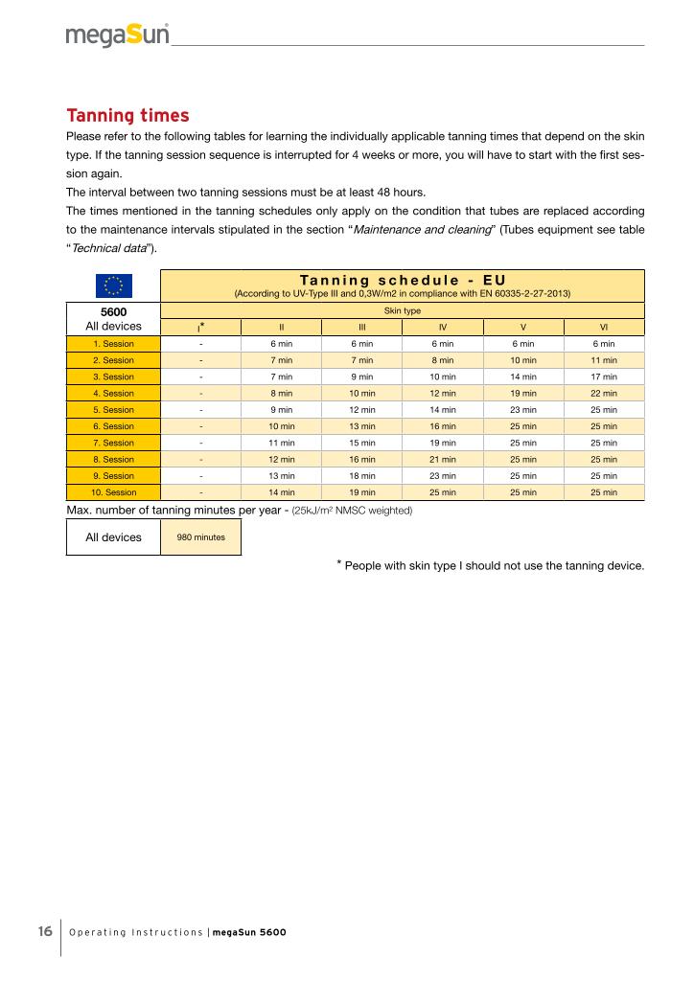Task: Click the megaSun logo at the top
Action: pyautogui.click(x=118, y=35)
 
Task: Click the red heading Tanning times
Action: pyautogui.click(x=127, y=116)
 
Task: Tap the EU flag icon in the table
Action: pyautogui.click(x=113, y=285)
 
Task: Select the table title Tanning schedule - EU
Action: pyautogui.click(x=402, y=280)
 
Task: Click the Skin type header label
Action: pyautogui.click(x=402, y=311)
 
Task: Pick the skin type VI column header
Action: pyautogui.click(x=604, y=328)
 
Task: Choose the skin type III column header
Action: pyautogui.click(x=362, y=328)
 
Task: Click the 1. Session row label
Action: pyautogui.click(x=113, y=344)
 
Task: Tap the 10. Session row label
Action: pyautogui.click(x=113, y=492)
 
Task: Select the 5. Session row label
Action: pyautogui.click(x=113, y=410)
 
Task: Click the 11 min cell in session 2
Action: pyautogui.click(x=604, y=360)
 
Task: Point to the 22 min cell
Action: pyautogui.click(x=604, y=394)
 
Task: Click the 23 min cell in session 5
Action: pyautogui.click(x=523, y=410)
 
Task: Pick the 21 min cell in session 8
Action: pyautogui.click(x=443, y=460)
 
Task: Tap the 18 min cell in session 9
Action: pyautogui.click(x=362, y=476)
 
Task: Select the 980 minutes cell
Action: pyautogui.click(x=201, y=537)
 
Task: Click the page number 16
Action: pyautogui.click(x=45, y=932)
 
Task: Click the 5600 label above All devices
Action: pyautogui.click(x=113, y=311)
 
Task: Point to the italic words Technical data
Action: pyautogui.click(x=106, y=248)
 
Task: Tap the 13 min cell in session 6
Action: pyautogui.click(x=362, y=426)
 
